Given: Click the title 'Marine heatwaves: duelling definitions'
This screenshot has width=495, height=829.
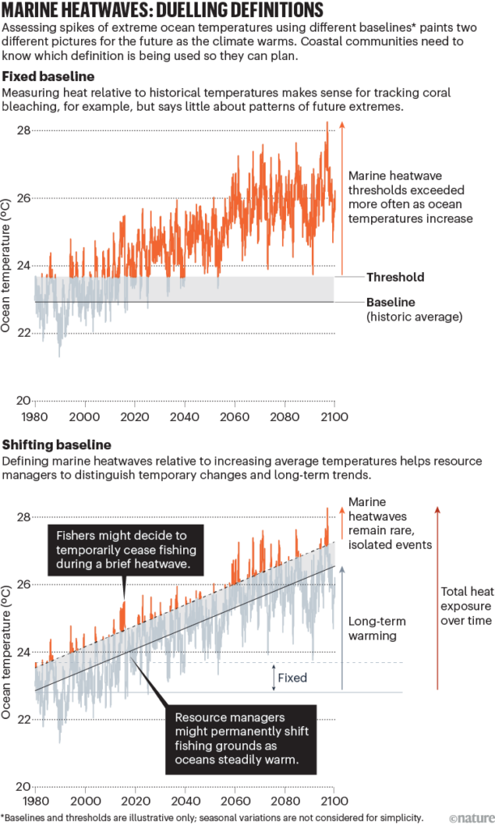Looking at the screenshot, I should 163,11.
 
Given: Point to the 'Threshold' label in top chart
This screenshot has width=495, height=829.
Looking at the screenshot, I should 395,277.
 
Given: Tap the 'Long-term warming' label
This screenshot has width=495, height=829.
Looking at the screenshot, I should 376,629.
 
